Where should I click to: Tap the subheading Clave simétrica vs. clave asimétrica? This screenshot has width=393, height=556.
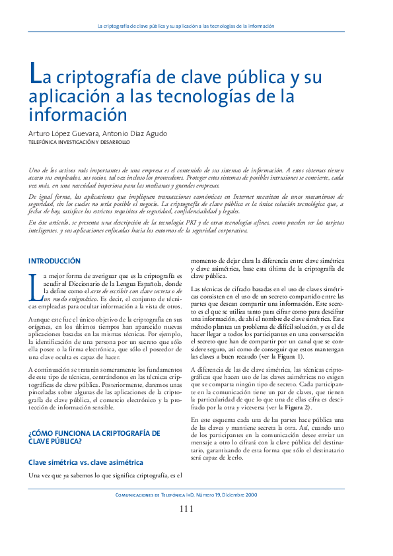(x=86, y=463)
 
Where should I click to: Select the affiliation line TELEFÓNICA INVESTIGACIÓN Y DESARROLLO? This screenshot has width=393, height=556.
(x=79, y=142)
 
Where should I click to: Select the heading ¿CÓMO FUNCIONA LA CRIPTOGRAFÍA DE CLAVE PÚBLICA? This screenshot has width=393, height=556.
(x=94, y=438)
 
